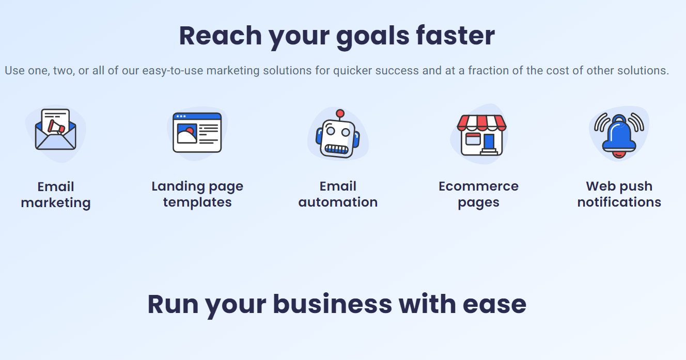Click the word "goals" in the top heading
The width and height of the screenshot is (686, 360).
coord(373,37)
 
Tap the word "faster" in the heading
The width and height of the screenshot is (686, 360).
coord(456,35)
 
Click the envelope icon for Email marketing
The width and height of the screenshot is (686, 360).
coord(55,130)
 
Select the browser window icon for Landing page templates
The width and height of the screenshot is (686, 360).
coord(197,133)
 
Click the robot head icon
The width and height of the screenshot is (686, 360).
coord(338,134)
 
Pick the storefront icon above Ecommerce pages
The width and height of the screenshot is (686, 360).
coord(481,135)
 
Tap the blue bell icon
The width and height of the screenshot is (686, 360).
coord(619,136)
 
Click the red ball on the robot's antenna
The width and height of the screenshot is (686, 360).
coord(340,114)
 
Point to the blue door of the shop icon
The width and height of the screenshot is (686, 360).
coord(489,142)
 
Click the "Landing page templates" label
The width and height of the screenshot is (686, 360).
coord(197,194)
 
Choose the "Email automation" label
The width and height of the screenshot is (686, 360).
coord(338,194)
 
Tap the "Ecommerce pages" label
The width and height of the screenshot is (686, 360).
coord(478,194)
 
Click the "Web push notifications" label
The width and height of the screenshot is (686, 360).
coord(619,194)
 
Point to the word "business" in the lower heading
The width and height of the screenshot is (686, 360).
coord(332,304)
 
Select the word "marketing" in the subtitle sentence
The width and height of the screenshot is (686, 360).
coord(233,71)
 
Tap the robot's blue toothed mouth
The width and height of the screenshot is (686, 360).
coord(336,149)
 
